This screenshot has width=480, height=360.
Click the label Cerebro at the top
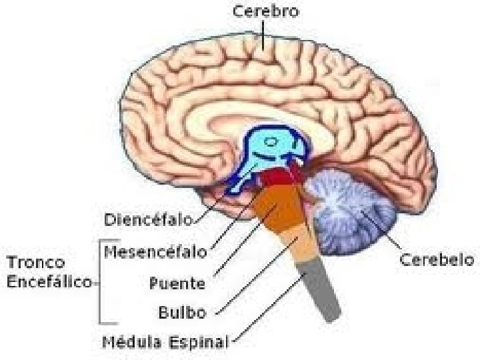tap(265, 11)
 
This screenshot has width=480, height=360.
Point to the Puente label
tap(177, 283)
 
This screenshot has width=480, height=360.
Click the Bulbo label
tap(182, 311)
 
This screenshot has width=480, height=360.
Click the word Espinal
tap(197, 343)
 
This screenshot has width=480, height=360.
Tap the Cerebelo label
tap(436, 259)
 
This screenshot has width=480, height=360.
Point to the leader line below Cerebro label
tap(265, 33)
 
